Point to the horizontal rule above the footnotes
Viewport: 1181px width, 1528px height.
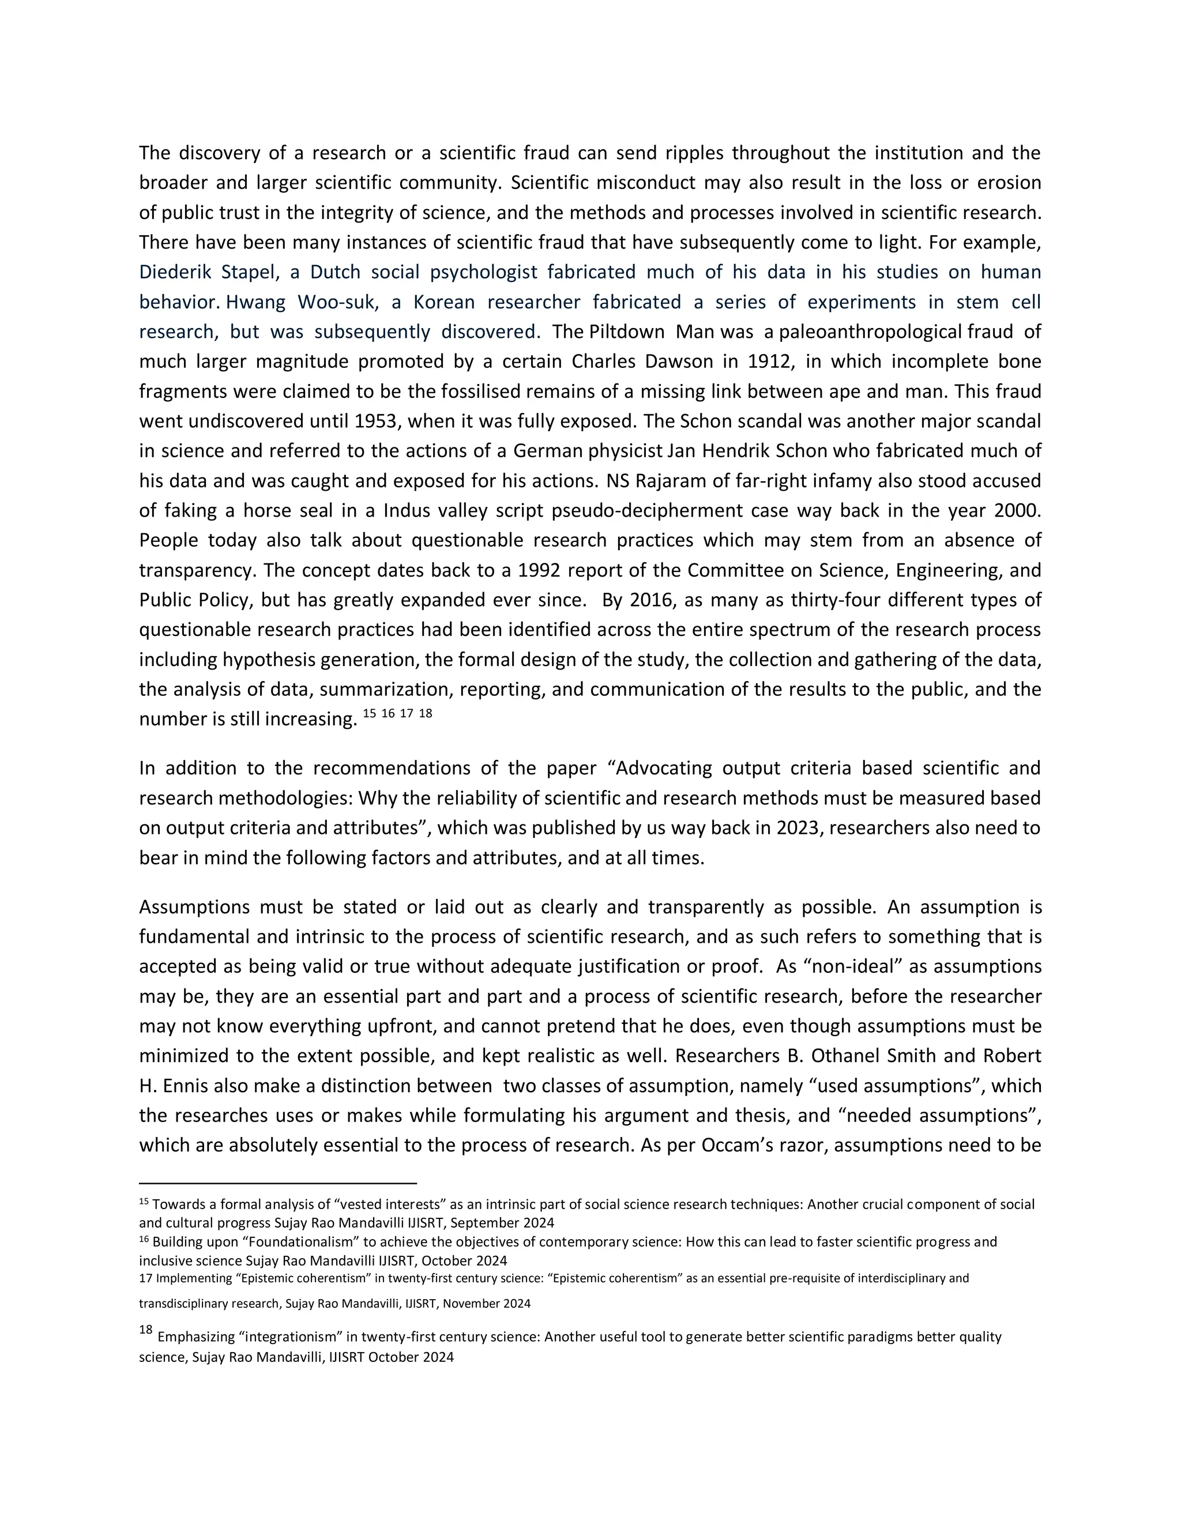278,1183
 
